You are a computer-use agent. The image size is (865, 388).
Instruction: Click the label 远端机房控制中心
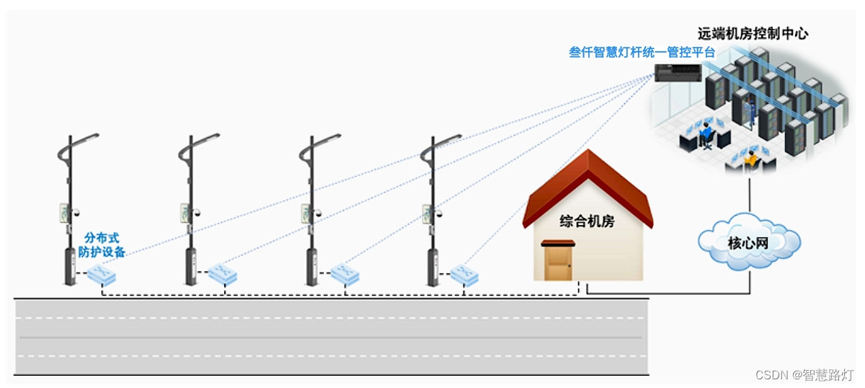coord(753,33)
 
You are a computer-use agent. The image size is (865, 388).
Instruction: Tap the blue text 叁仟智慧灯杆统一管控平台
coord(642,53)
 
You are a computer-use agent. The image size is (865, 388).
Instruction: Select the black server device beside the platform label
coord(678,72)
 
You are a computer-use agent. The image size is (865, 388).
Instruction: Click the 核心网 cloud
coord(749,242)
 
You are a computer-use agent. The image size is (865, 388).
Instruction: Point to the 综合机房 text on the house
coord(587,221)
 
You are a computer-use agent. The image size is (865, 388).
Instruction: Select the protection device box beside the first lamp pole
coord(103,274)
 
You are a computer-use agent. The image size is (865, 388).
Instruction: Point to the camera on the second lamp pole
coord(197,214)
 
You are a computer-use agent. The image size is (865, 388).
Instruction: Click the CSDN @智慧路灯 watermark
coord(804,375)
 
